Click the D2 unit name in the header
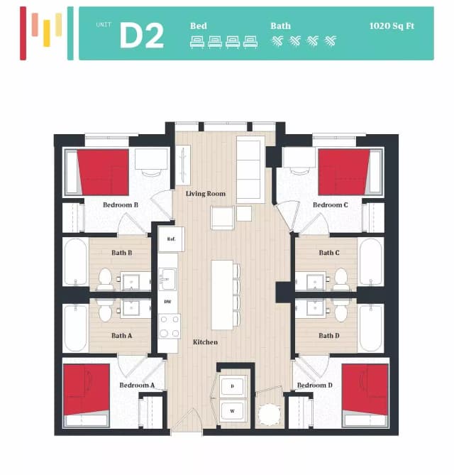(x=141, y=35)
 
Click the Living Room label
(x=206, y=194)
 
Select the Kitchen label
(x=205, y=342)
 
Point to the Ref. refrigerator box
(x=171, y=239)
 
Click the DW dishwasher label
(x=168, y=302)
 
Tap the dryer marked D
(x=232, y=386)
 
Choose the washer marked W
(x=232, y=411)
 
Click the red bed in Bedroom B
(x=104, y=172)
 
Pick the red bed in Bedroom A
(x=87, y=390)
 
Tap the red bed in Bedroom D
(x=365, y=390)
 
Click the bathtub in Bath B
(x=75, y=262)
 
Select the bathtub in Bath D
(x=371, y=327)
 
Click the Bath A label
(x=121, y=336)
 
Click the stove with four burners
(x=169, y=327)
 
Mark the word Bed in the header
(x=199, y=26)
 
